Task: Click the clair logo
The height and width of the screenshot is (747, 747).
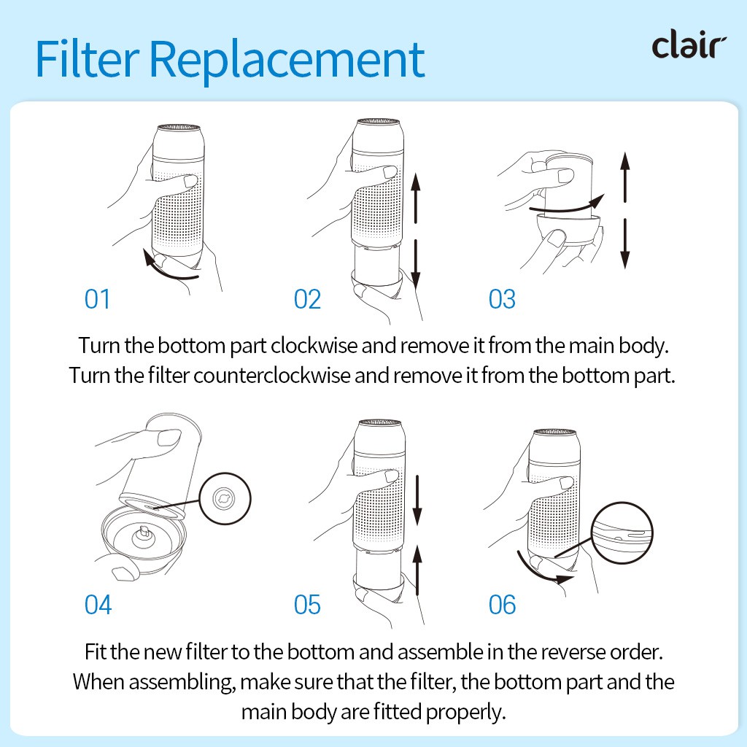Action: pos(689,44)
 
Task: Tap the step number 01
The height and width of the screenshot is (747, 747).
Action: pos(97,299)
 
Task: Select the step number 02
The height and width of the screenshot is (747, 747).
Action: pos(307,299)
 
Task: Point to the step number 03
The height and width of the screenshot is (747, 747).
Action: pos(502,299)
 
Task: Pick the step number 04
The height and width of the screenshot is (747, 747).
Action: pos(98,605)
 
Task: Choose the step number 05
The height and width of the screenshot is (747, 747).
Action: pos(307,605)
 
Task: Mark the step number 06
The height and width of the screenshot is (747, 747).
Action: pos(502,605)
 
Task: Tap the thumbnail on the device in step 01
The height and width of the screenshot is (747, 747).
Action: pos(190,181)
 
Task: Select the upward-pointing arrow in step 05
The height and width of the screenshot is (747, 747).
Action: pos(417,570)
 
